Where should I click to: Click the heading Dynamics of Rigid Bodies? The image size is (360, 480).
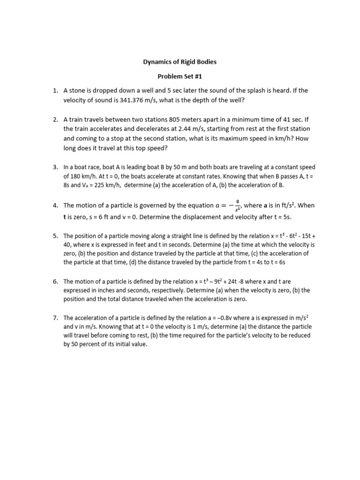(x=180, y=62)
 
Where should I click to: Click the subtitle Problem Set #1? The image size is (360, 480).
(x=180, y=76)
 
